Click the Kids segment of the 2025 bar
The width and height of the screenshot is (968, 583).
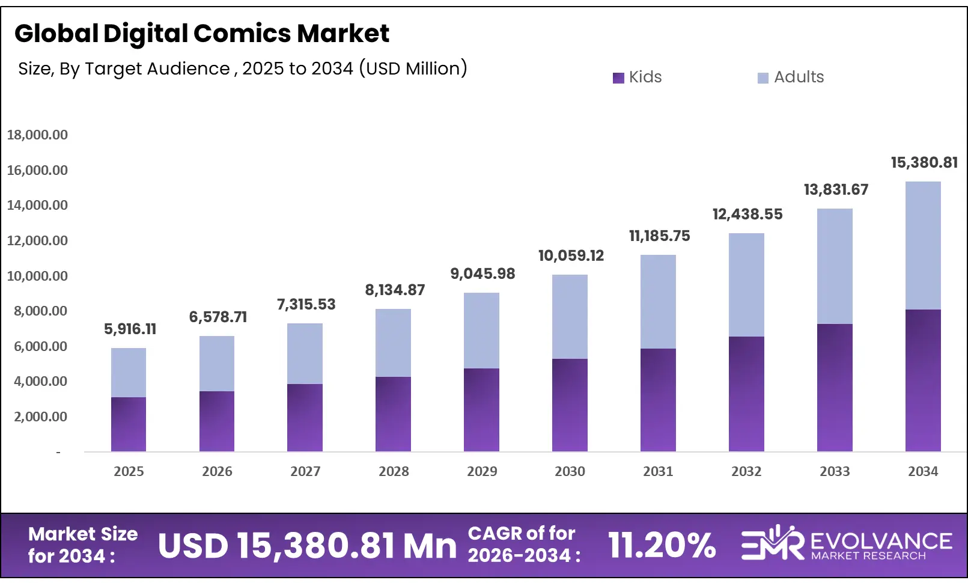coord(129,424)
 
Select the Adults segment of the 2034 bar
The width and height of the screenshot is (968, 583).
coord(923,245)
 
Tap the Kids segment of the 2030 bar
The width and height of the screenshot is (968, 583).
coord(570,405)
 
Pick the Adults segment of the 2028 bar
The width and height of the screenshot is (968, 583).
coord(393,343)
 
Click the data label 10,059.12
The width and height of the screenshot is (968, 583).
coord(571,255)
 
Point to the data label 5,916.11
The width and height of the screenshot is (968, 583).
coord(130,329)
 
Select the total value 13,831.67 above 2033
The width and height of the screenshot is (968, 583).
coord(836,189)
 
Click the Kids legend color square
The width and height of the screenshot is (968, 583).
coord(618,78)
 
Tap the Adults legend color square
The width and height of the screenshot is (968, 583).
coord(763,78)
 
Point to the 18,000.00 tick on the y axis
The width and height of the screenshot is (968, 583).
coord(37,135)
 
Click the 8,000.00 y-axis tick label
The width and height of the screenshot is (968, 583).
coord(37,311)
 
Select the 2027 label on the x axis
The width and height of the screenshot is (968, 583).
coord(305,471)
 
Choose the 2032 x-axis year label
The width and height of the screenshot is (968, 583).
coord(746,471)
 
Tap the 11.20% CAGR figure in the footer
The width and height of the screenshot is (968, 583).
coord(662,545)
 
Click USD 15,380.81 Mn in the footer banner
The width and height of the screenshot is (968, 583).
coord(307,545)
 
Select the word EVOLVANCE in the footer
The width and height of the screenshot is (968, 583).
coord(881,541)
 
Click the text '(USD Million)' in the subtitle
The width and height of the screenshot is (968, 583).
coord(413,69)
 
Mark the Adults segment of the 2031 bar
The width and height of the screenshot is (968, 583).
coord(658,302)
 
